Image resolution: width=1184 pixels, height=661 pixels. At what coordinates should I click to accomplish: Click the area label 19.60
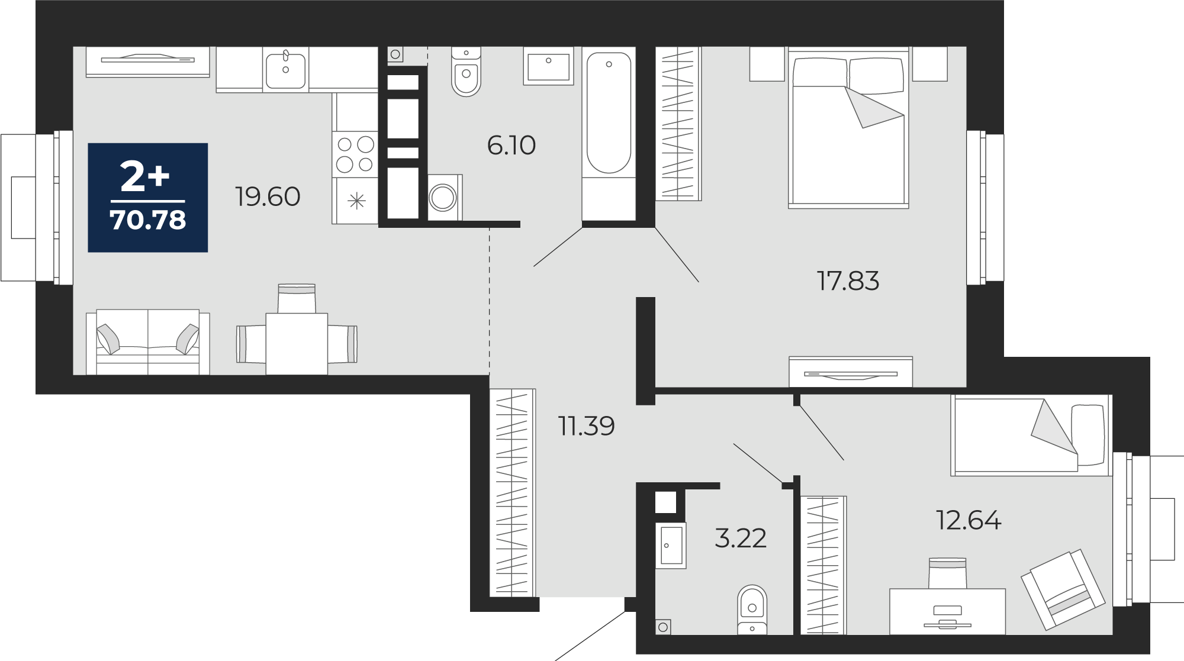coord(268,196)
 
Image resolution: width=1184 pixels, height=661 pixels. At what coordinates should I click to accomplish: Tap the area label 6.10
coord(511,146)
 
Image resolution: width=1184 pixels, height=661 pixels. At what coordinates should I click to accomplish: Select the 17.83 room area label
coord(848,281)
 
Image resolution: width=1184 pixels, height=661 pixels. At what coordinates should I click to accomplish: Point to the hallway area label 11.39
coord(587,426)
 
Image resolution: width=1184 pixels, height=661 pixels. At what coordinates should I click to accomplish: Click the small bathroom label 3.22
coord(741,539)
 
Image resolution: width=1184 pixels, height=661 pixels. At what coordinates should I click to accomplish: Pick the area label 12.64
coord(969,521)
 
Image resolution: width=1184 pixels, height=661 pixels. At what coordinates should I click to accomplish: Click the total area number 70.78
coord(148,220)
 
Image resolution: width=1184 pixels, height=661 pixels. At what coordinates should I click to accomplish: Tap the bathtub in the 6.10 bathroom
coord(609,134)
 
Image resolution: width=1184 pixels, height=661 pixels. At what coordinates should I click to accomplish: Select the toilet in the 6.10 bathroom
coord(466,72)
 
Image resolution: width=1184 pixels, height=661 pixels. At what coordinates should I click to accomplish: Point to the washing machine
coord(444,197)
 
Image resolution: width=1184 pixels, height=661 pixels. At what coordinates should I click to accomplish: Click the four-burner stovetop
coord(355,153)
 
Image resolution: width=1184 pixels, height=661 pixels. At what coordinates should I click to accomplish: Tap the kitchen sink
coord(286,70)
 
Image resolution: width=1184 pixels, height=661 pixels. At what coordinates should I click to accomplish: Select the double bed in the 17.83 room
coord(848,128)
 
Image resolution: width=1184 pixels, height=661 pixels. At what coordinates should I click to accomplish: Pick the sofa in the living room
coord(148,342)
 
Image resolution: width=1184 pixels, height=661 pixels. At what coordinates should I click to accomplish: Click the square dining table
coord(297,344)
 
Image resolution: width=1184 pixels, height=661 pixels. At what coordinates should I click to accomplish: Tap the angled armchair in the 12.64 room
coord(1063,588)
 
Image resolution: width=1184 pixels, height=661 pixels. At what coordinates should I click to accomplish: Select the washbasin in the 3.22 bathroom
coord(671,546)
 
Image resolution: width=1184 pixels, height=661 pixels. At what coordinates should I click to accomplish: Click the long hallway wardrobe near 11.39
coord(513,492)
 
